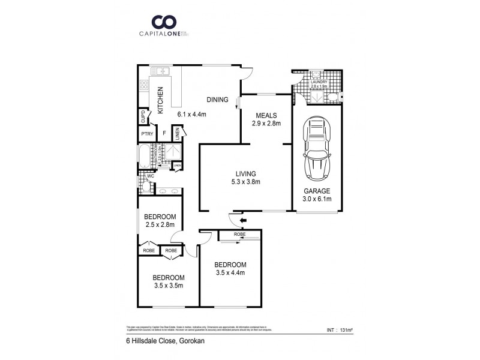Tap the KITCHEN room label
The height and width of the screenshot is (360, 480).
point(160,100)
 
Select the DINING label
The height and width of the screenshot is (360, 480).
point(217,100)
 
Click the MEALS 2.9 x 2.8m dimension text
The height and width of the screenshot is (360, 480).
point(265,125)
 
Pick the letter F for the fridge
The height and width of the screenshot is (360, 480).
point(164,134)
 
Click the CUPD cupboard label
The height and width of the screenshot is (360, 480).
point(142,116)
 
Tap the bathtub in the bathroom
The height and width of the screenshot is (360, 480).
point(145,156)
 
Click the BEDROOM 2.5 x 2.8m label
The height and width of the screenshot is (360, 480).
point(160,220)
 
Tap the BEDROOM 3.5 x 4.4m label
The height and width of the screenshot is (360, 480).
point(231,268)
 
